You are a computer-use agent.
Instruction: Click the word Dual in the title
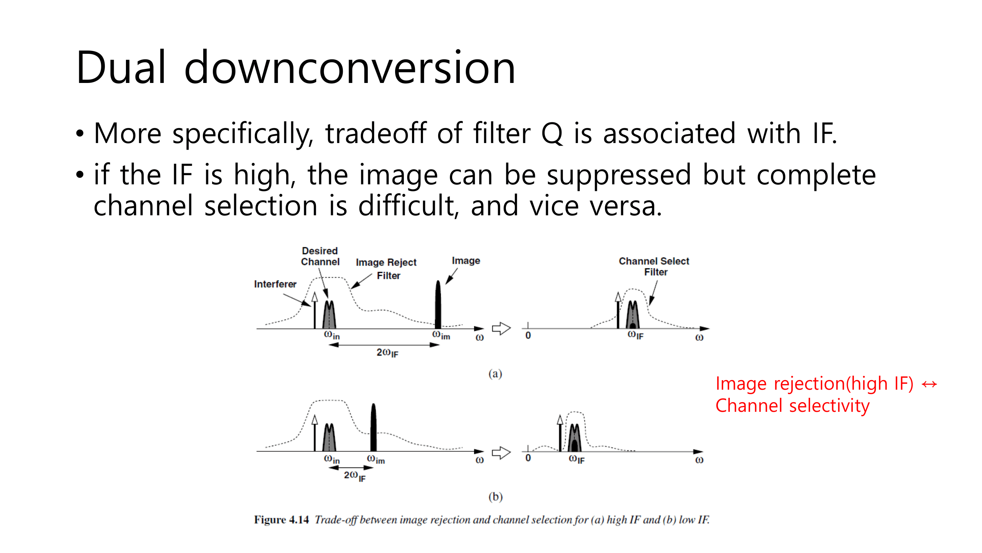click(121, 67)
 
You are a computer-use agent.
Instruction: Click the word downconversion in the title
click(349, 67)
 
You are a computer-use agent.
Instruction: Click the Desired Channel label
click(320, 257)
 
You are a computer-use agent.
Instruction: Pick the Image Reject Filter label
click(387, 269)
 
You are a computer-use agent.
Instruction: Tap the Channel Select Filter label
click(654, 267)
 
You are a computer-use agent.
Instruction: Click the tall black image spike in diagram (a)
click(438, 305)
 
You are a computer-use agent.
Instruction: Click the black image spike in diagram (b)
click(373, 427)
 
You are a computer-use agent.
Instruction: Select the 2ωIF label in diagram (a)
click(387, 353)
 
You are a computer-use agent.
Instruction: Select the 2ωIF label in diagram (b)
click(355, 476)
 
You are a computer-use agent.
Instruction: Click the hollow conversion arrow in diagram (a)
click(501, 328)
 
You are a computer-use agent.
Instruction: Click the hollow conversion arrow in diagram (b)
click(501, 453)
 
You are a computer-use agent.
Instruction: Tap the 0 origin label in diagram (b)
click(528, 458)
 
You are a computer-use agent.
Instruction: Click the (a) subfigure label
click(495, 373)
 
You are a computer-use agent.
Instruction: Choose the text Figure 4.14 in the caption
click(281, 520)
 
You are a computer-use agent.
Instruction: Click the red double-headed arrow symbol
click(929, 384)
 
